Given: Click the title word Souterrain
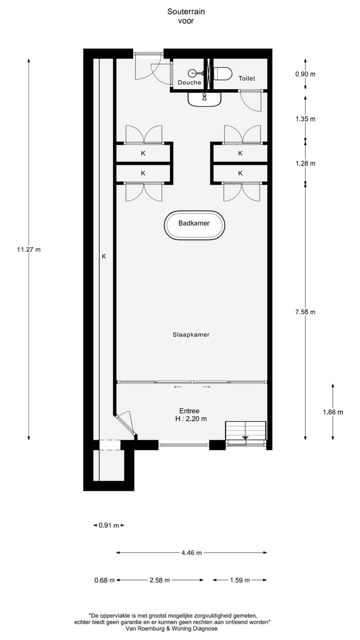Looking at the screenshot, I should [186, 11].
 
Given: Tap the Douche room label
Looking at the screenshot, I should [189, 82].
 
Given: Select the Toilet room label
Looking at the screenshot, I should [246, 78].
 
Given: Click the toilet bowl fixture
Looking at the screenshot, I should [223, 73].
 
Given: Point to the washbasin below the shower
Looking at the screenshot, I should [204, 99].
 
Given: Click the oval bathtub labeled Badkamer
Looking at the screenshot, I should [194, 223].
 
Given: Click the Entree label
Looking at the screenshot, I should [189, 410].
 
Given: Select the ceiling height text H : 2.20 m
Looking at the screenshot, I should [191, 419].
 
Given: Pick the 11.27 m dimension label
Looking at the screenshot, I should [28, 249].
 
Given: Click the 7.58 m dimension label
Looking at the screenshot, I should [305, 312].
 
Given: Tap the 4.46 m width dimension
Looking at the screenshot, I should [191, 552].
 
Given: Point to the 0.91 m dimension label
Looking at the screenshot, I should [108, 525].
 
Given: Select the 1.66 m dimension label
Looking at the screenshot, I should [332, 412].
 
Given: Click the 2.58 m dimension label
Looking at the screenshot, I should [159, 580].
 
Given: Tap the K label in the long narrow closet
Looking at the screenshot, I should [104, 256].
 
